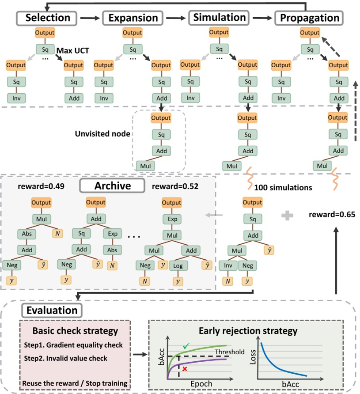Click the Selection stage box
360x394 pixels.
[x=48, y=18]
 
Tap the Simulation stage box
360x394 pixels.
[x=220, y=17]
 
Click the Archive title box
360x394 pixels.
[x=112, y=186]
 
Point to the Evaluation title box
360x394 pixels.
[x=51, y=310]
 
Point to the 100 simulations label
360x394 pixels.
[x=283, y=187]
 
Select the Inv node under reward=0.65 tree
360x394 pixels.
[x=227, y=265]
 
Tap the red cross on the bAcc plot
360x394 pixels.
[x=185, y=368]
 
